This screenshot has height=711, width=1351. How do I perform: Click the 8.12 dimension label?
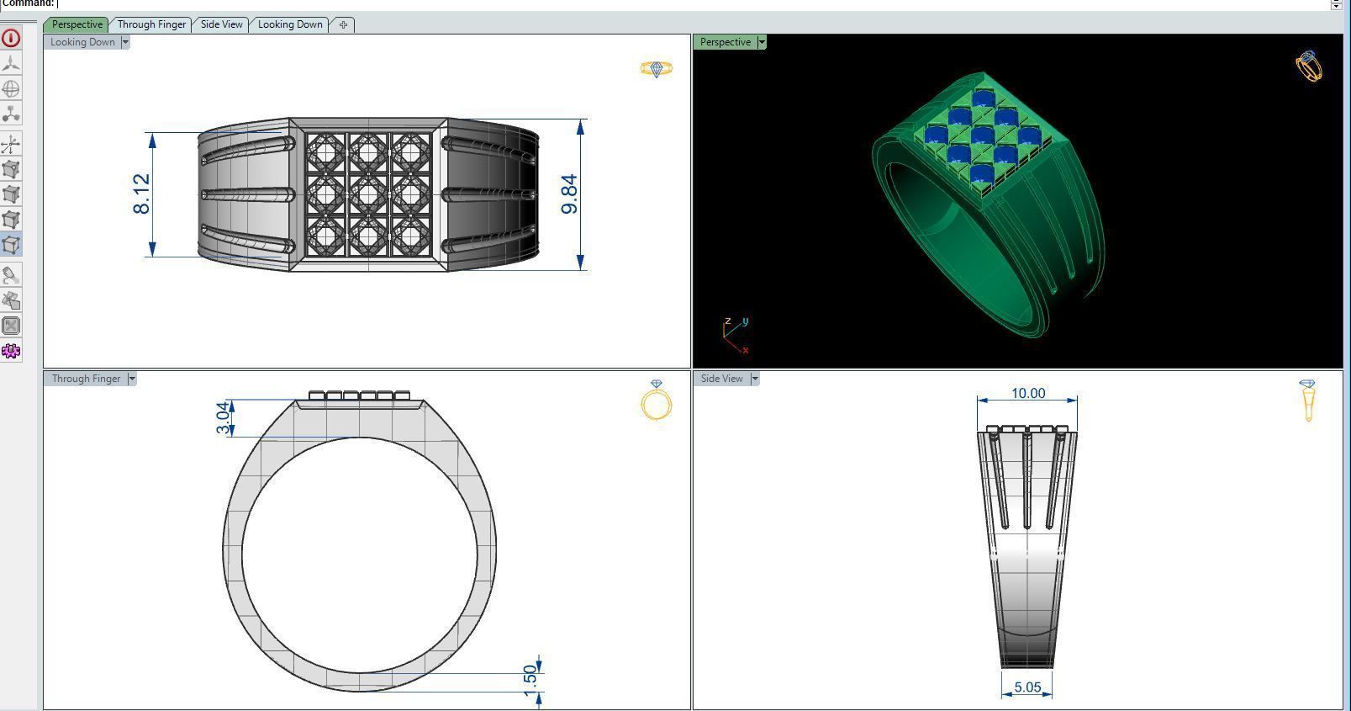(141, 194)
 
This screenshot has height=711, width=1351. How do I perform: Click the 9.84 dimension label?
(569, 194)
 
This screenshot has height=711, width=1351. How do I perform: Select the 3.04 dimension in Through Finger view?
(223, 417)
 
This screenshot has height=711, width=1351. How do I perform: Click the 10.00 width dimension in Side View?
(1027, 393)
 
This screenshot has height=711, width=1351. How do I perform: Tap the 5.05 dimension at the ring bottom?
(1027, 687)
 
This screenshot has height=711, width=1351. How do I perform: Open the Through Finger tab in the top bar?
(151, 24)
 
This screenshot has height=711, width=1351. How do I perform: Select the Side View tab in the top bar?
(221, 24)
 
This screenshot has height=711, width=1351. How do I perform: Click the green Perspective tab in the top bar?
(77, 24)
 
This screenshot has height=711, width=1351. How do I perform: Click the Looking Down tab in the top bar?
(290, 24)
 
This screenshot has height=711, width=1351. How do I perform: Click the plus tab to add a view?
(343, 24)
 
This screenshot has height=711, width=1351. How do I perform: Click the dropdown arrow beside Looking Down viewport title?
(125, 42)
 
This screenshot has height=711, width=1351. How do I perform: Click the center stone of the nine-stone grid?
(367, 194)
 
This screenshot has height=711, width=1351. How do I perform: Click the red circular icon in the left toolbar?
(11, 38)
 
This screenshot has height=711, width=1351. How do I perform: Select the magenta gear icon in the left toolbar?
(11, 351)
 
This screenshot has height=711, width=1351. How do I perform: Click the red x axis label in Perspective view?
(746, 349)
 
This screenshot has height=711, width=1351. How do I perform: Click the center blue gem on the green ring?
(983, 135)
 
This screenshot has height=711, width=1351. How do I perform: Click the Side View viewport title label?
(722, 379)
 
